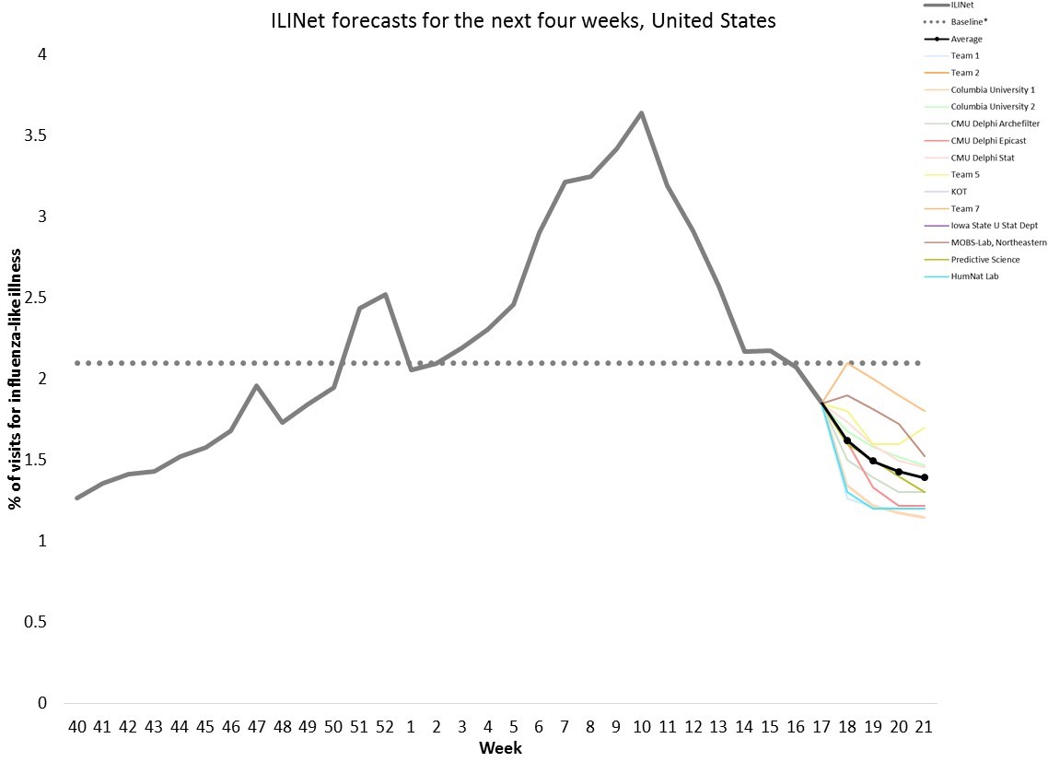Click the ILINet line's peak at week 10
click(x=641, y=113)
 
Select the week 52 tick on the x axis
click(x=385, y=728)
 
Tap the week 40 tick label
click(x=76, y=728)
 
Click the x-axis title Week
click(x=500, y=748)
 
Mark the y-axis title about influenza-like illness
click(x=16, y=378)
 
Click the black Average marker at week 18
click(x=847, y=440)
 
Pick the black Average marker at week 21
click(x=925, y=477)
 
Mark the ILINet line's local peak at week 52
click(x=385, y=295)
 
